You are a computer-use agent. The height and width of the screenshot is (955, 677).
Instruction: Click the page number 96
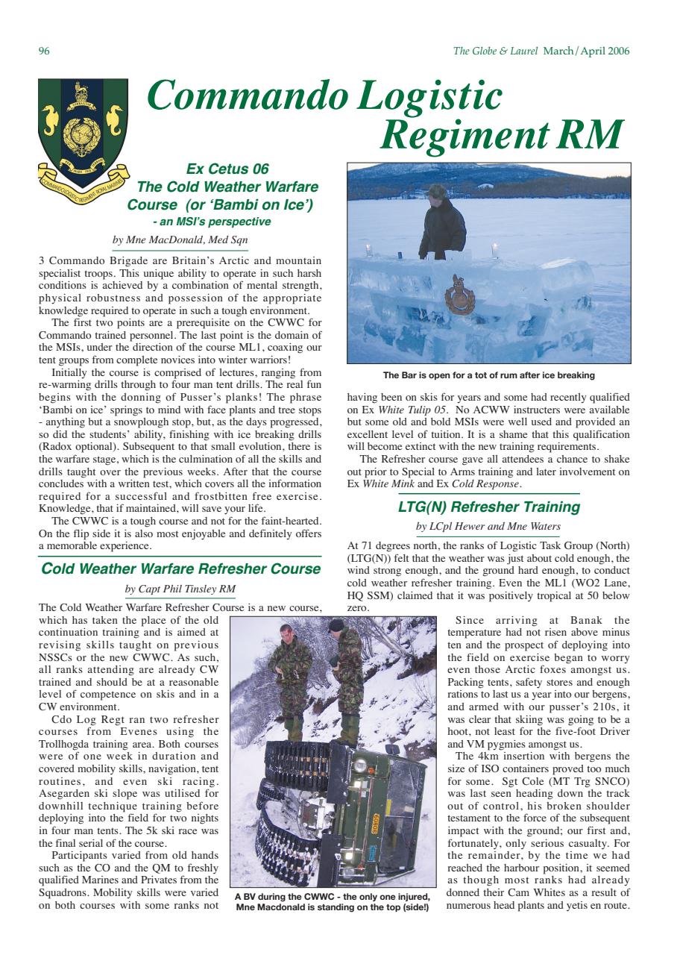coord(43,51)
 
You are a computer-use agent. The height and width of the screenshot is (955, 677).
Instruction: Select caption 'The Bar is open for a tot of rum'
coord(488,375)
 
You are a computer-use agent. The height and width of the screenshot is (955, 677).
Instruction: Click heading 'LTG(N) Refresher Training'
coord(488,507)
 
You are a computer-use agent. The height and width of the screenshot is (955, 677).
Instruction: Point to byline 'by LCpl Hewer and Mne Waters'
coord(488,527)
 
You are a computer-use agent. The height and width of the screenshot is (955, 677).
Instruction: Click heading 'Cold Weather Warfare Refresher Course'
coord(180,569)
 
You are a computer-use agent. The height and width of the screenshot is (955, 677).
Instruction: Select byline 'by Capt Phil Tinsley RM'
coord(180,589)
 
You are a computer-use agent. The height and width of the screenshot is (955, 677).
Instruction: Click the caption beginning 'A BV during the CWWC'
coord(332,901)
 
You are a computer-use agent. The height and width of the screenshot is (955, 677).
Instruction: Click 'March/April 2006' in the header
coord(586,51)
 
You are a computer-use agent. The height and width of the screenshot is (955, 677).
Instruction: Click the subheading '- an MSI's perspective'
coord(212,221)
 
